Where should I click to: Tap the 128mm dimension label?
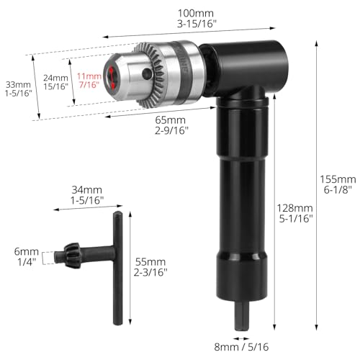(x=296, y=208)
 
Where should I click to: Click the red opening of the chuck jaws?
(x=111, y=77)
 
